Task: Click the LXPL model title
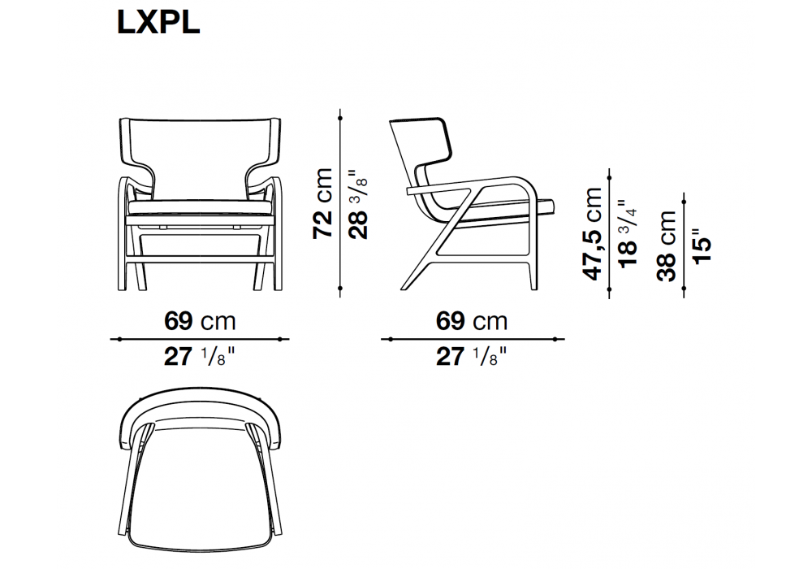click(x=158, y=24)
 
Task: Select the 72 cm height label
click(x=322, y=204)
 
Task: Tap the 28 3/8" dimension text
click(x=358, y=204)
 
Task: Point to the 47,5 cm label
click(x=593, y=234)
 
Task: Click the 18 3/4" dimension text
click(x=628, y=234)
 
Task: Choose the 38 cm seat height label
click(x=667, y=246)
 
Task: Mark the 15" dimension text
click(x=702, y=246)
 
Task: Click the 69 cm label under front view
click(x=200, y=321)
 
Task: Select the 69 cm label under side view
click(x=472, y=321)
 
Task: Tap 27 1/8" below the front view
click(x=200, y=357)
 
